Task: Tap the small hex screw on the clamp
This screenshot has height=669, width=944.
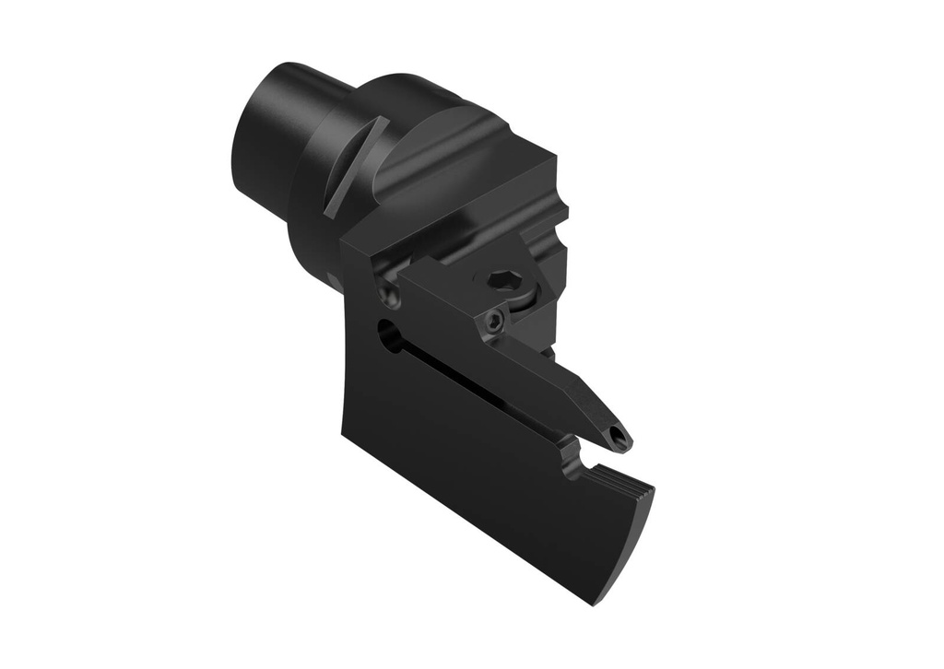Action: (495, 321)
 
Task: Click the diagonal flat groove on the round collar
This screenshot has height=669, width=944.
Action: (355, 166)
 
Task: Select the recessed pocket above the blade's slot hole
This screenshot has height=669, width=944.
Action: (392, 295)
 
